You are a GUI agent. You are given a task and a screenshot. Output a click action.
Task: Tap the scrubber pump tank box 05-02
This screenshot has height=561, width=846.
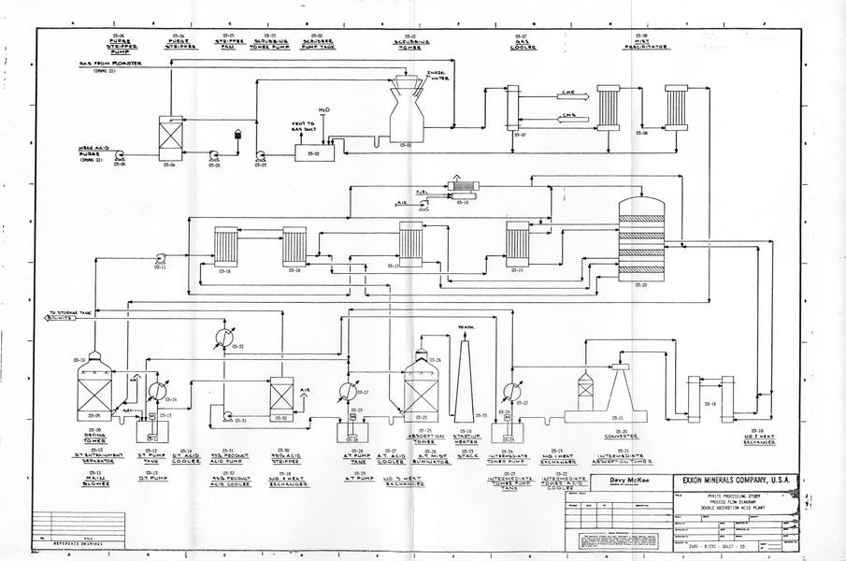314,152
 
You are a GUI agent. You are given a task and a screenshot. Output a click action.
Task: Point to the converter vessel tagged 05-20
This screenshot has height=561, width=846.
641,237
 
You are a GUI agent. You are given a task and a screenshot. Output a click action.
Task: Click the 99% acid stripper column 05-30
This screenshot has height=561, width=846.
281,394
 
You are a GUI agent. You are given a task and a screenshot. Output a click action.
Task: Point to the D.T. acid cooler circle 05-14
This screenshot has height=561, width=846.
158,390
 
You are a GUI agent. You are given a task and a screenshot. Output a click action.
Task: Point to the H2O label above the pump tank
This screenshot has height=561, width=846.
323,110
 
